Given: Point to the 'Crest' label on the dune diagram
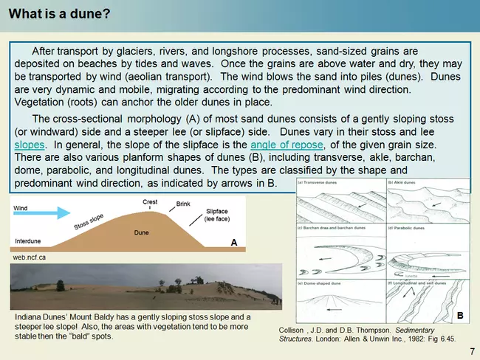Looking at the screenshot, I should coord(149,202).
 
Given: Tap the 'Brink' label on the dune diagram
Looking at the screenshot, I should coord(184,204).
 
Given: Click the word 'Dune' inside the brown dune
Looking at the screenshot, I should coord(142,233).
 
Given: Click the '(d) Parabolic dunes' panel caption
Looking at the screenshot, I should coord(406,228).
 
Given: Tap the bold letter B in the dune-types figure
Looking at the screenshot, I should coord(459,316).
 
